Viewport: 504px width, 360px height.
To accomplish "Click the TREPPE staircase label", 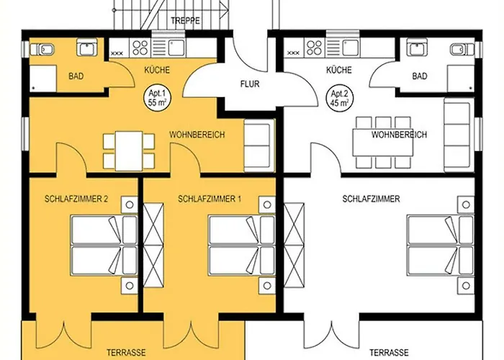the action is [185, 21].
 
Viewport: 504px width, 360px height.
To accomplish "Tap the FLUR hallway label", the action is [250, 84].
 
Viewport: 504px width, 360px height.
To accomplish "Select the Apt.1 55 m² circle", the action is [157, 99].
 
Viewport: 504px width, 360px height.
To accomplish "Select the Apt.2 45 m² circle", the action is [339, 99].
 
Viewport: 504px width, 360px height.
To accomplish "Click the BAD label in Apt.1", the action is [76, 76].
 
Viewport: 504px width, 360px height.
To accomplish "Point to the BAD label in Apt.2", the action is [420, 76].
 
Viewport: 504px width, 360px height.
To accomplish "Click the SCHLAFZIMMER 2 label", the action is [76, 199].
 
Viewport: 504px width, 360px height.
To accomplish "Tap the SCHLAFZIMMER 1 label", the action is [210, 199].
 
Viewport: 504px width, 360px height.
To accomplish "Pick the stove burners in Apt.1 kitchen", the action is [140, 48].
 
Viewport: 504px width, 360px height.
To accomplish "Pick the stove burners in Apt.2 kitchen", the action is [314, 48].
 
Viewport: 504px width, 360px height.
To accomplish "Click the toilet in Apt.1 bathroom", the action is [42, 50].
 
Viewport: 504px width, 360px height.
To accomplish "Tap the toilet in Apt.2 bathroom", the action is [462, 50].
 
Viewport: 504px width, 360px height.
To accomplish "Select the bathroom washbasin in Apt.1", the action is [87, 47].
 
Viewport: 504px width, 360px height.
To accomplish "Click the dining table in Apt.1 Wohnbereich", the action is [129, 150].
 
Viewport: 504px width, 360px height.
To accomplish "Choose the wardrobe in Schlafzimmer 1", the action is [153, 246].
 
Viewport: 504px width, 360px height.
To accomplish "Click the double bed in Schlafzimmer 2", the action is [104, 246].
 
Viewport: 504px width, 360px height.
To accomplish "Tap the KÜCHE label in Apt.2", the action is [339, 70].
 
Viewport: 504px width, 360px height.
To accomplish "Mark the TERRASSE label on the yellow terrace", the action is [126, 353].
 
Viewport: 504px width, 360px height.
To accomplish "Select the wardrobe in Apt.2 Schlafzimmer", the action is [294, 246].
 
